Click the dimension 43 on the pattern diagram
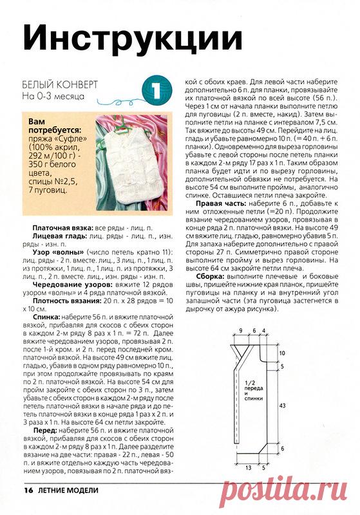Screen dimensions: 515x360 click(x=282, y=405)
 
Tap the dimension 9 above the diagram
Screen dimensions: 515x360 click(x=240, y=330)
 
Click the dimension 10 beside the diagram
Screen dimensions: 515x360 click(x=282, y=353)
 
